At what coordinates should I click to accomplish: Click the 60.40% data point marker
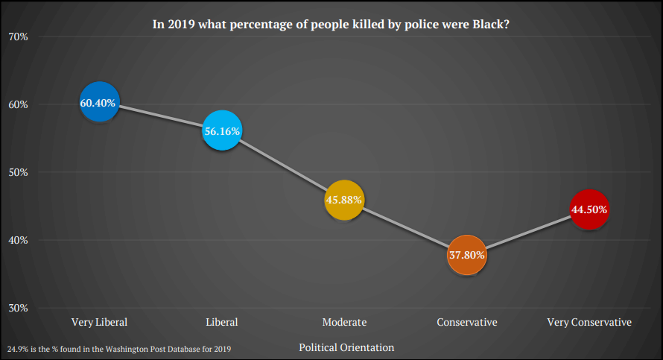click(99, 102)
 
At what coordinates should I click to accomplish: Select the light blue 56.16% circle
click(221, 130)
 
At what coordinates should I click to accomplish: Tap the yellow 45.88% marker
click(344, 200)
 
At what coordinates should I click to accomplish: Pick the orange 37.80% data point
click(467, 255)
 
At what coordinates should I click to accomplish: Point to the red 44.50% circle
click(589, 209)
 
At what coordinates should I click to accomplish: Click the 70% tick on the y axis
click(18, 36)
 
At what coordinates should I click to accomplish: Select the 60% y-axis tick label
click(18, 104)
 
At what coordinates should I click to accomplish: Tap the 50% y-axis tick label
click(18, 172)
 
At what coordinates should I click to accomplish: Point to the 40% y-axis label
click(18, 240)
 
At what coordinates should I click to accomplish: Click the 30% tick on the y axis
click(18, 308)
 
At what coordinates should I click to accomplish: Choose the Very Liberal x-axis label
click(99, 322)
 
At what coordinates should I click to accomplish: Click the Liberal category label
click(221, 322)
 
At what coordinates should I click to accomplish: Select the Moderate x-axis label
click(344, 322)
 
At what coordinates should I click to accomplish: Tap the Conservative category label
click(467, 322)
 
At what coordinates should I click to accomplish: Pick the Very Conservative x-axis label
click(589, 322)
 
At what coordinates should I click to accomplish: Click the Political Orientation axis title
click(346, 347)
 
